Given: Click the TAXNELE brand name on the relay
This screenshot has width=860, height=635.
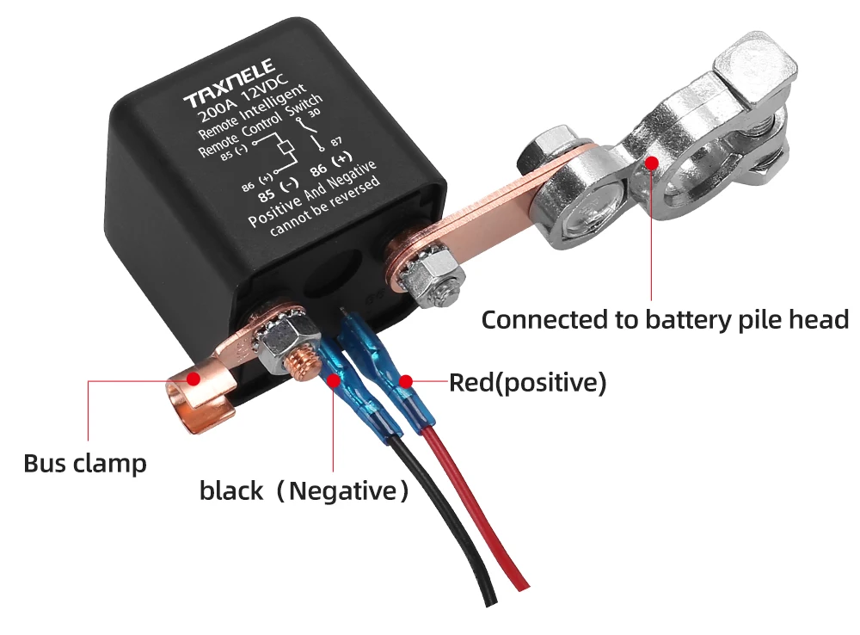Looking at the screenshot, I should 231,85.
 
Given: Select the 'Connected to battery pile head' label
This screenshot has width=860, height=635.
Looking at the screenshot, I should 665,320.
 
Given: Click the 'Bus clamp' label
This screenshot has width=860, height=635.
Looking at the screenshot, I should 84,464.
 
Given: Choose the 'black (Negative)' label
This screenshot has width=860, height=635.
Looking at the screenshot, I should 304,491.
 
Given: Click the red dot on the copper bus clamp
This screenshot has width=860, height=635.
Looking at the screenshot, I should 193,377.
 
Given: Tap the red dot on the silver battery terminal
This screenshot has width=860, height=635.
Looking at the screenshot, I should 652,160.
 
